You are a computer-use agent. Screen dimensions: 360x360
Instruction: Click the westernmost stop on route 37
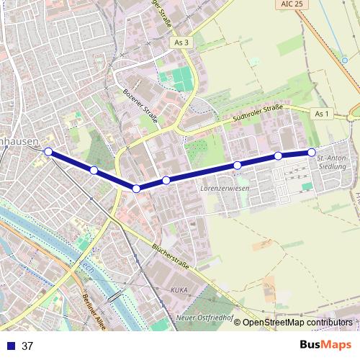48,152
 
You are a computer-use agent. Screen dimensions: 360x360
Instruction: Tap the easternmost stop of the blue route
312,152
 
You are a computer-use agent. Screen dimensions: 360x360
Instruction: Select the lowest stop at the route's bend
136,189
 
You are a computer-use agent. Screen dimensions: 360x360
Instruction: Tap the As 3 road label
181,43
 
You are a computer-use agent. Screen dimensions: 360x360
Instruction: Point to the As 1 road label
322,114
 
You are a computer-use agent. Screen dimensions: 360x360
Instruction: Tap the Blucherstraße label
171,256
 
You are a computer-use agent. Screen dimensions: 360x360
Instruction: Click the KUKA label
179,289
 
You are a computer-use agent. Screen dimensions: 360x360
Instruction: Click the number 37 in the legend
27,346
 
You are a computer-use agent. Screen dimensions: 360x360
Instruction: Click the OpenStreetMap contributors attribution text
297,323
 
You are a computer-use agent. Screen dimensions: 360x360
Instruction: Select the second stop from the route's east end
278,156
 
